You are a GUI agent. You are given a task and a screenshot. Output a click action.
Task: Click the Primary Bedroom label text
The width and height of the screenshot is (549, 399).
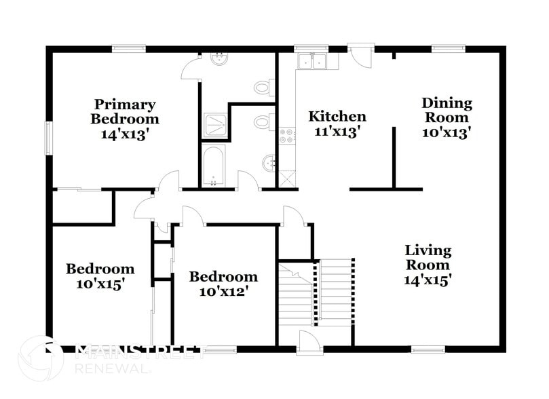point(125,111)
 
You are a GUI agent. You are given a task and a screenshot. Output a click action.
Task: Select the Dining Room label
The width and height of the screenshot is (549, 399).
point(447,110)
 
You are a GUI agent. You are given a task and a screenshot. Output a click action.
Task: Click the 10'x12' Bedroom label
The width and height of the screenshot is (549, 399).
point(223,284)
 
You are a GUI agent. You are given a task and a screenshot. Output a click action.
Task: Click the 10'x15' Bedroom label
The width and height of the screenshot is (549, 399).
point(100,276)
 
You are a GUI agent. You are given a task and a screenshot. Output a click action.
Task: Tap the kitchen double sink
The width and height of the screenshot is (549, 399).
point(314,61)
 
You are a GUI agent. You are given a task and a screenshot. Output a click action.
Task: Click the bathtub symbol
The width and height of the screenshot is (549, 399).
point(214,166)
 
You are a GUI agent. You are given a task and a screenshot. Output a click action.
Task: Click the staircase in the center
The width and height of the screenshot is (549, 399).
point(316,292)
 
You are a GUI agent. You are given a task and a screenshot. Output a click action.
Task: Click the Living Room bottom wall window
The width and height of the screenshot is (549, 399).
point(427,350)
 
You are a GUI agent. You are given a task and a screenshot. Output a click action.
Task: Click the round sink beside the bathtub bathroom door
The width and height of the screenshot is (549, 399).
point(269,162)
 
